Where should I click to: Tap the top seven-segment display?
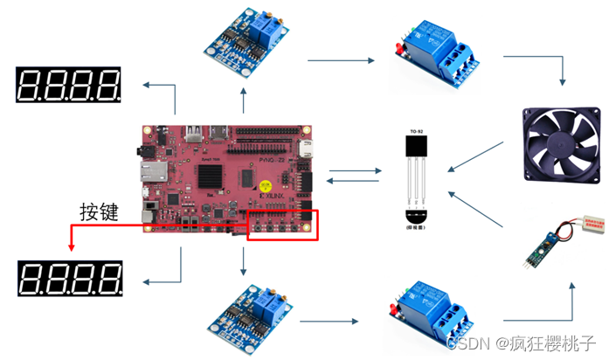tap(68, 85)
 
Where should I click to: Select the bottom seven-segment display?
tap(68, 280)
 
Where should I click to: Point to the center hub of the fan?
tap(560, 144)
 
